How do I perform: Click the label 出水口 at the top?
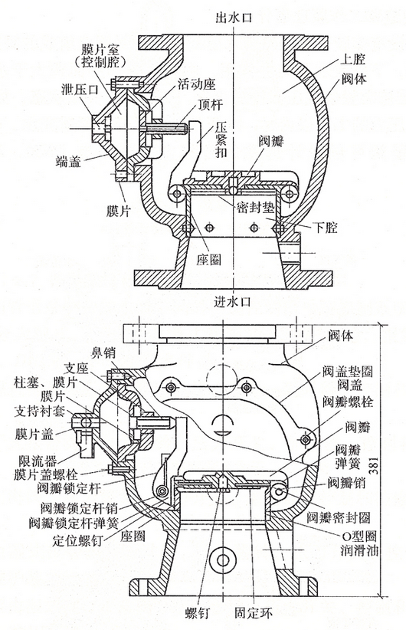pos(234,18)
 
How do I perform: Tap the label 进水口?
pos(233,301)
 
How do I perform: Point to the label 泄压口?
pos(80,89)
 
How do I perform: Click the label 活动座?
pos(197,84)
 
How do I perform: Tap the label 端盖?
pos(68,162)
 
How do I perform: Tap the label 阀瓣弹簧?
pos(348,456)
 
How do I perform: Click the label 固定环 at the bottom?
pos(254,613)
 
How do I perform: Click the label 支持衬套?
pos(39,411)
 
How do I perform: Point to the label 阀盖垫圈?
pos(347,371)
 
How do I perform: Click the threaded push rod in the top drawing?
pos(169,129)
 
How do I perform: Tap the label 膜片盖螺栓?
pos(45,474)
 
